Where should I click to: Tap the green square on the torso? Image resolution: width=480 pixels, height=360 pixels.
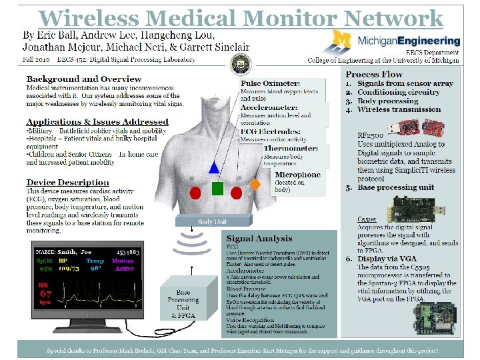tap(217, 189)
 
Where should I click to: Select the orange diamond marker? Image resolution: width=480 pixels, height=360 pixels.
tap(254, 182)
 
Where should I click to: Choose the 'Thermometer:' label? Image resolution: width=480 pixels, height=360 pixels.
tap(291, 148)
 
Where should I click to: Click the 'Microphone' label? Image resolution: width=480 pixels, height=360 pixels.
tap(298, 175)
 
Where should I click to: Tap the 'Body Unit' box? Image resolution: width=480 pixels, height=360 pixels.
tap(213, 221)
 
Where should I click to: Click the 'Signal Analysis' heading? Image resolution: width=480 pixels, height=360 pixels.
tap(259, 238)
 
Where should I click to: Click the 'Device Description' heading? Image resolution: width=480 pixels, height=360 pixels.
tap(67, 182)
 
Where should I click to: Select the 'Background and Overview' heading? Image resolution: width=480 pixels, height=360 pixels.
tap(79, 79)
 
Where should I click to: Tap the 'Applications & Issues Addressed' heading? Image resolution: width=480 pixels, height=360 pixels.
tap(97, 121)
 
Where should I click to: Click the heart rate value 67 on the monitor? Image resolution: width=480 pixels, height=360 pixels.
tap(46, 293)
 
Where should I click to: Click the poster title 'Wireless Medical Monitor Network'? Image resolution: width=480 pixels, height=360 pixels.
tap(240, 18)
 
